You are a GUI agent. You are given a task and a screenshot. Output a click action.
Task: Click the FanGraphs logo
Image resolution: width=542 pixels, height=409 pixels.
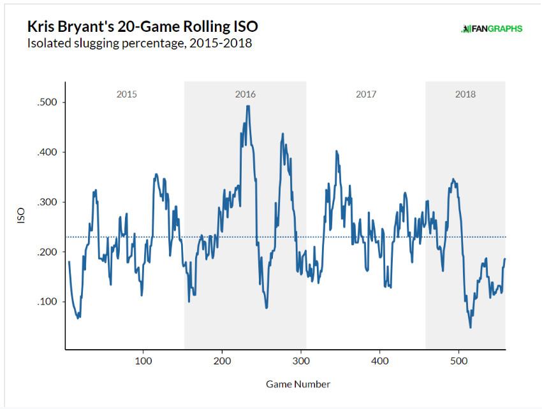click(492, 29)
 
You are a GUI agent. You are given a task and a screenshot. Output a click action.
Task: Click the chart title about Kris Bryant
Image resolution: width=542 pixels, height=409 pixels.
click(142, 27)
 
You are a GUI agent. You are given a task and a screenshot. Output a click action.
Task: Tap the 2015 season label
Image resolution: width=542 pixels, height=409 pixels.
click(126, 94)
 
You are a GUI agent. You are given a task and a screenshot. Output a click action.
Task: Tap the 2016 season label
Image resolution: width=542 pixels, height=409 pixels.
click(245, 94)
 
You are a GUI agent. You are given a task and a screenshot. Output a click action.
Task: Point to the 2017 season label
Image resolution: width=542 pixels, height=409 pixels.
click(365, 94)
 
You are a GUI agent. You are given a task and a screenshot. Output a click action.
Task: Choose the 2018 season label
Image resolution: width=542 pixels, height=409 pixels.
click(465, 94)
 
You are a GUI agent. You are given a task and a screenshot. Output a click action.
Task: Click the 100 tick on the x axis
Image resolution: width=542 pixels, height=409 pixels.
click(143, 361)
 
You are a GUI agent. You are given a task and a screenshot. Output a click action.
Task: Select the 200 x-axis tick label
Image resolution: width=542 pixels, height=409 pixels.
click(223, 361)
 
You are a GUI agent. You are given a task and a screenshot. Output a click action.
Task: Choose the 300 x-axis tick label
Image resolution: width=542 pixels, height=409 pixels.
click(301, 361)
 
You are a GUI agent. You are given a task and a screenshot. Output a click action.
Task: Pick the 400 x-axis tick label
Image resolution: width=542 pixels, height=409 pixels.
click(380, 361)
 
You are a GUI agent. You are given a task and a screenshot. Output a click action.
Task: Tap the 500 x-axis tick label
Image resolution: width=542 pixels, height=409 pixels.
click(458, 361)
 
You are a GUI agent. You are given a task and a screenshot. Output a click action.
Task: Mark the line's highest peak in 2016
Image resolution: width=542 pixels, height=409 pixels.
click(247, 106)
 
